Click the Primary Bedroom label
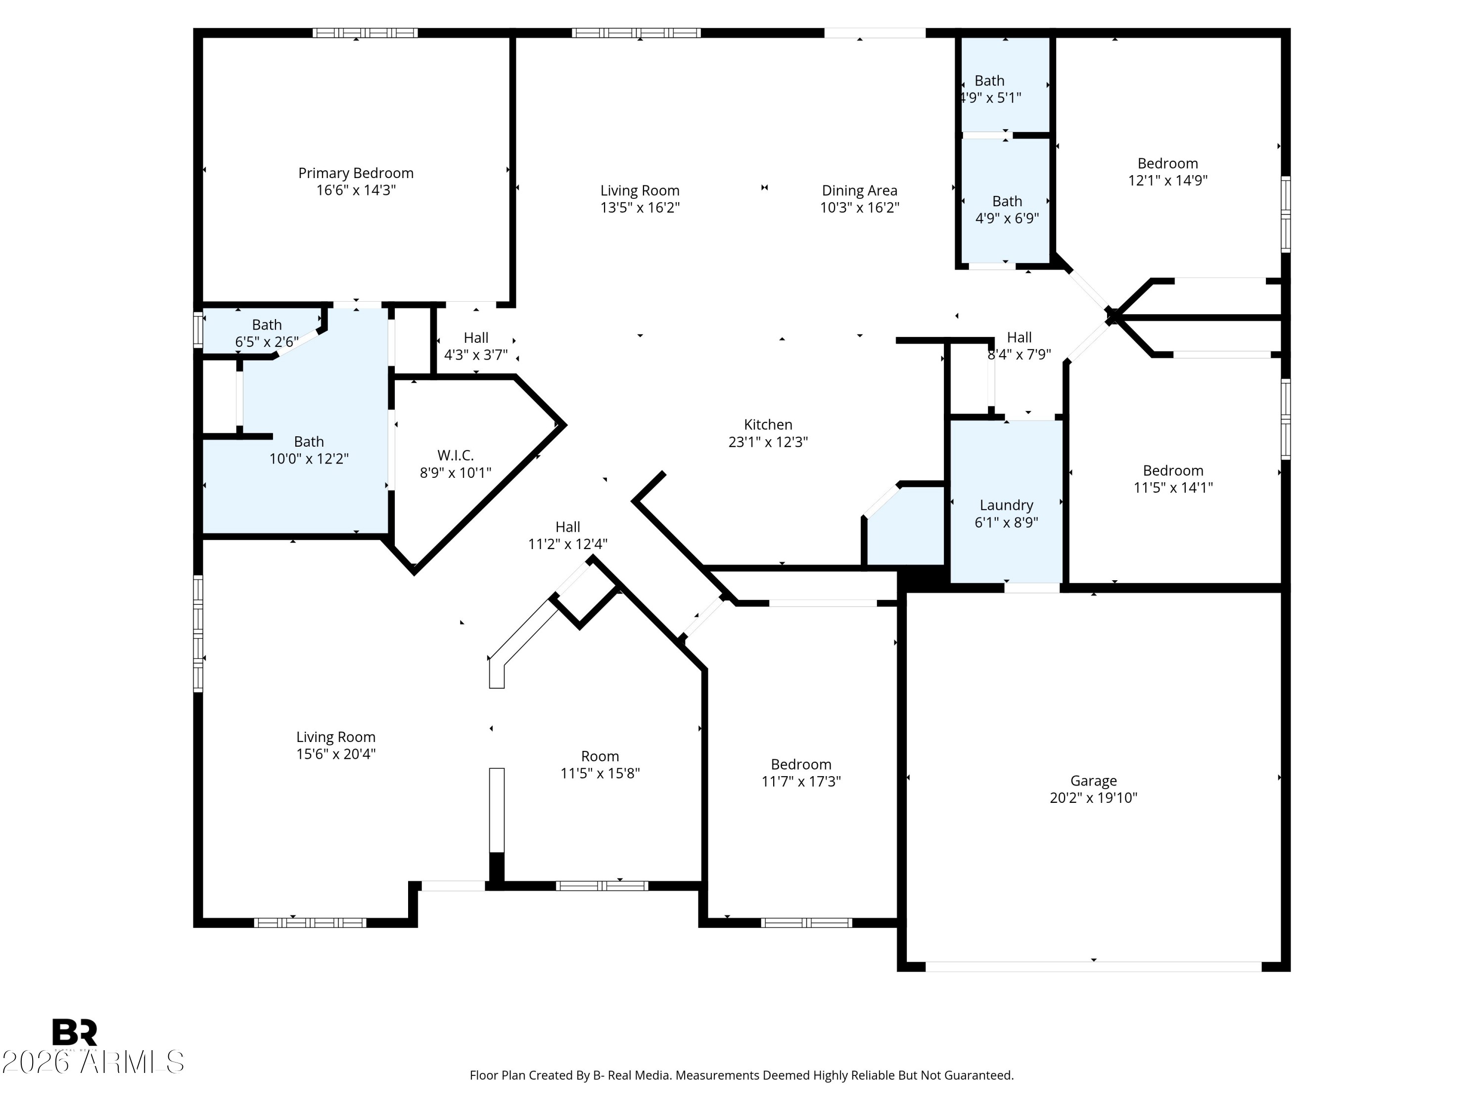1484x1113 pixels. click(x=356, y=173)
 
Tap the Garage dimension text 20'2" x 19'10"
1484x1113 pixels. click(x=1094, y=798)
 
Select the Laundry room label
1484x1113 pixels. click(x=1006, y=505)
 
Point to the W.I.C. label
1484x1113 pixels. click(x=456, y=456)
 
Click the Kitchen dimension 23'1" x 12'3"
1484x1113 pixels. click(x=768, y=441)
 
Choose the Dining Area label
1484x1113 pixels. click(x=859, y=190)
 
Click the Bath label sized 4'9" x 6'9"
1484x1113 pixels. click(x=1007, y=201)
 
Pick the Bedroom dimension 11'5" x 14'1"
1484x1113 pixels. click(x=1173, y=488)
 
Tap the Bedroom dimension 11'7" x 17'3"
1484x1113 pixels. click(x=801, y=782)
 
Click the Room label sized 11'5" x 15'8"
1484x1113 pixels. click(x=600, y=756)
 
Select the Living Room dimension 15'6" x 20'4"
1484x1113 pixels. click(x=336, y=754)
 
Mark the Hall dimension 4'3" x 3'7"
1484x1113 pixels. click(x=476, y=355)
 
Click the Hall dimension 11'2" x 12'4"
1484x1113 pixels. click(x=568, y=544)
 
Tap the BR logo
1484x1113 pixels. click(x=75, y=1032)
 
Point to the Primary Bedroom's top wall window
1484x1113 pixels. click(x=366, y=32)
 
